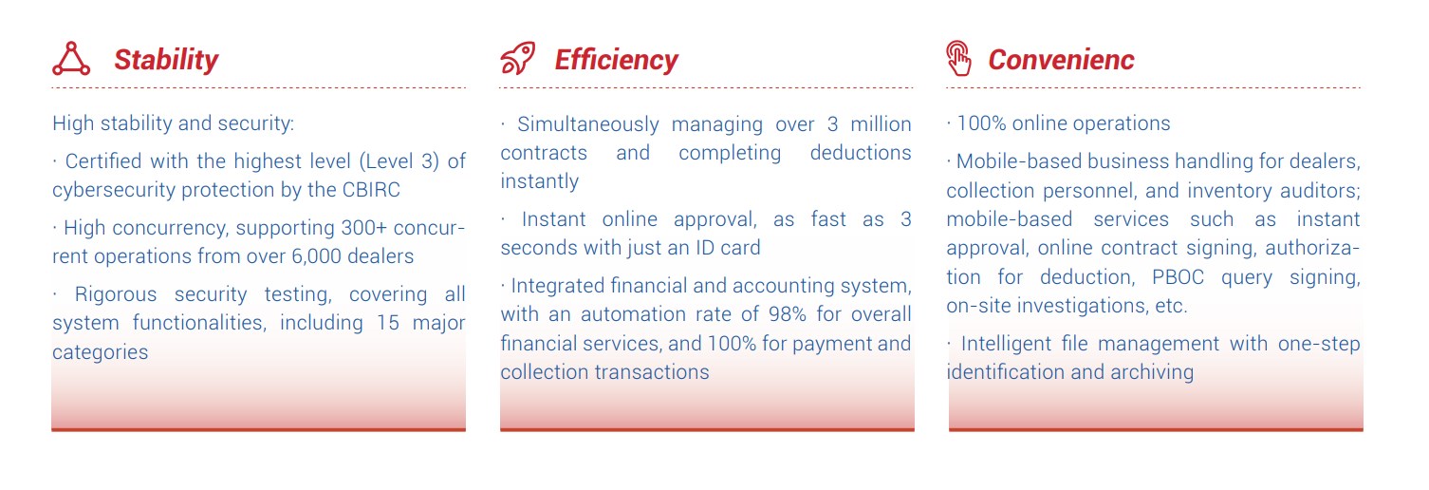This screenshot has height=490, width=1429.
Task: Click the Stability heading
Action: coord(166,60)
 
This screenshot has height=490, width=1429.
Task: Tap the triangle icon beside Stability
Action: coord(71,59)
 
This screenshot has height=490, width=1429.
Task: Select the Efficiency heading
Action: coord(616,60)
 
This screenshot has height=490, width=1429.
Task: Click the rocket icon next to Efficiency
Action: coord(517,58)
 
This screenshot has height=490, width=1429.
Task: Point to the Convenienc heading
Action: coord(1062,60)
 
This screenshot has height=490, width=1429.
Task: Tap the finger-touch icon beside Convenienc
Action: coord(958,58)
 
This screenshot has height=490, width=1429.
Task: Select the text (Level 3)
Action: coord(399,161)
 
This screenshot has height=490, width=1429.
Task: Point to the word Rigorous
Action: coord(116,294)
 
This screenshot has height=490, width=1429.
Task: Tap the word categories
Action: coord(101,352)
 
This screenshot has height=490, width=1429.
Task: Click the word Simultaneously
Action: coord(587,124)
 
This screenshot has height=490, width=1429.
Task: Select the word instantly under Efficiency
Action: coord(540,181)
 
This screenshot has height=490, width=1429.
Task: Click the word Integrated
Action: coord(558,286)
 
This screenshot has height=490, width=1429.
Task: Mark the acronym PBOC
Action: coord(1178,277)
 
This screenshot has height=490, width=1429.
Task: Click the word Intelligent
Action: coord(1006,344)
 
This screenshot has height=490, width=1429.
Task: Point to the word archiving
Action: coord(1152,372)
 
